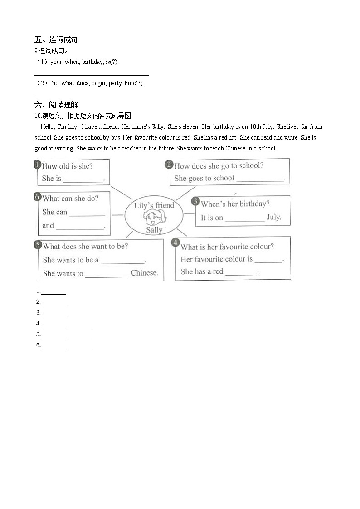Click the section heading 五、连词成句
pos(56,40)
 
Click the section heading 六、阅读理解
pos(56,105)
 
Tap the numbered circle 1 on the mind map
pos(38,165)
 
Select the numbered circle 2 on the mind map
pos(169,165)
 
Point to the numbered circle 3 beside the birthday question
pos(195,201)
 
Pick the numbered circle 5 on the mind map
pos(38,245)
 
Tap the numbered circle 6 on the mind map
pos(38,197)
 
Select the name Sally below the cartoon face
pos(154,230)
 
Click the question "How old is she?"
pos(67,166)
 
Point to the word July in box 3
pos(274,217)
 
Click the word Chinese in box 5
pos(144,273)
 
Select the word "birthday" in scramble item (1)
pos(92,62)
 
